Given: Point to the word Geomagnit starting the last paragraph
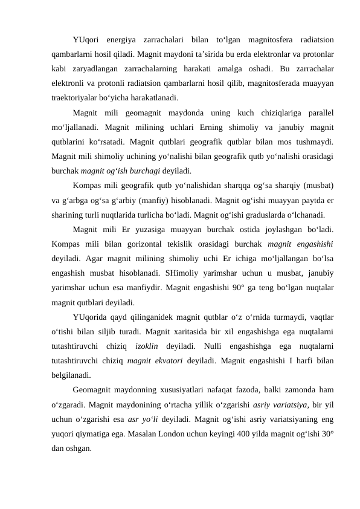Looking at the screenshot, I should click(94, 393).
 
